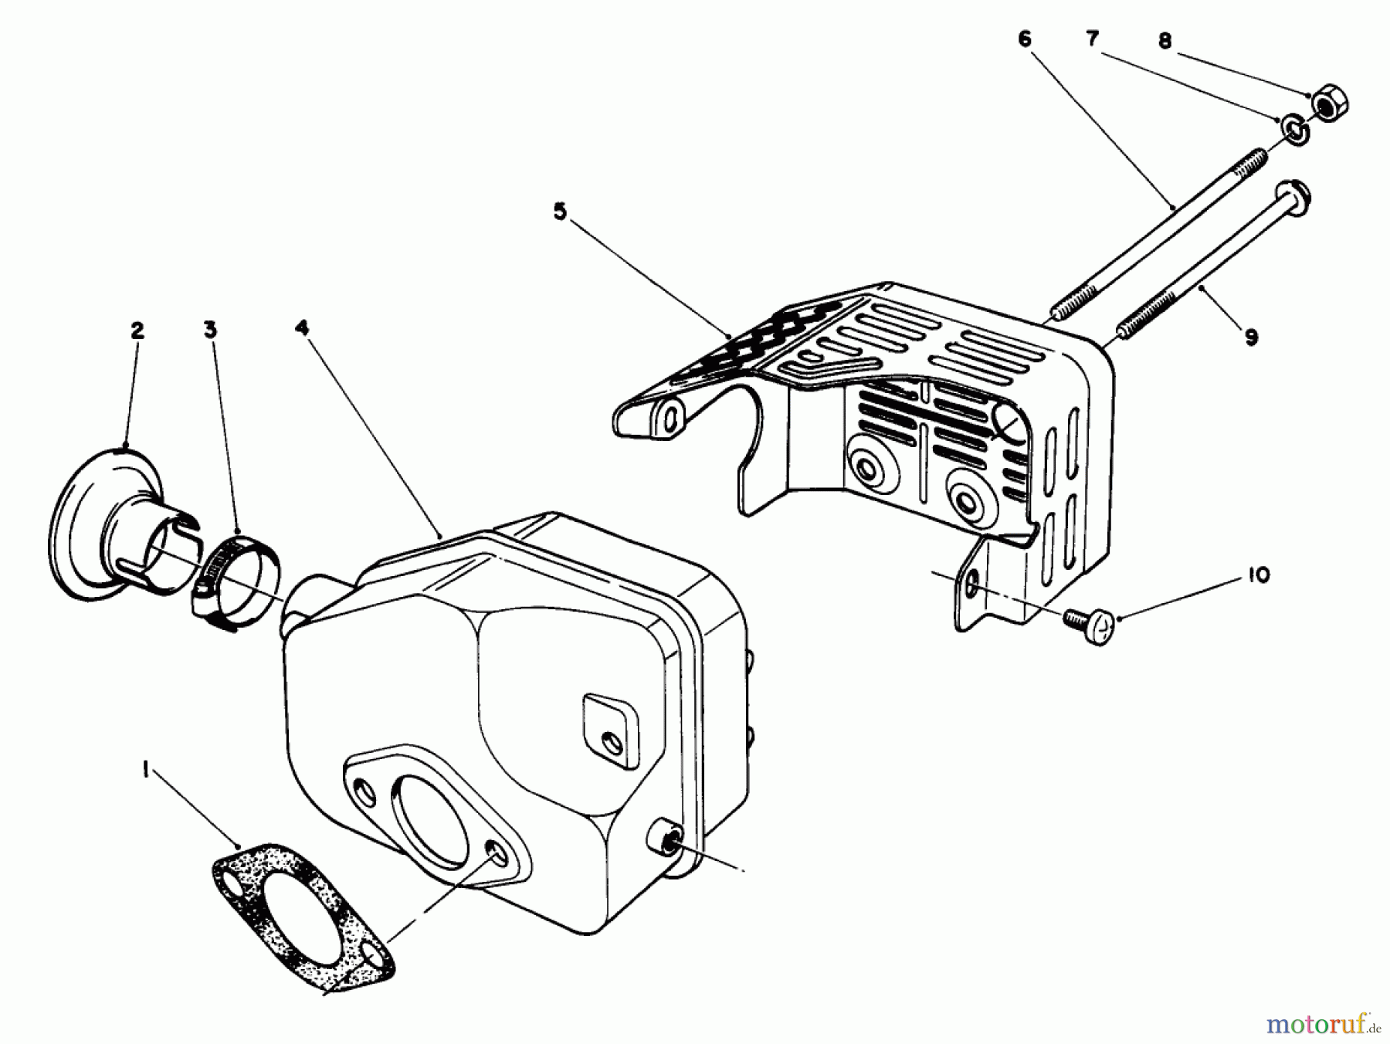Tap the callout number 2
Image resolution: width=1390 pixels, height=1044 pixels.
coord(137,331)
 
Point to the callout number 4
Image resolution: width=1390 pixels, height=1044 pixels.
coord(301,328)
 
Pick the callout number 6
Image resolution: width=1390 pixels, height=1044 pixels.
coord(1025,39)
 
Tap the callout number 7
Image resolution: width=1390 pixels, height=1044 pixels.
coord(1093,39)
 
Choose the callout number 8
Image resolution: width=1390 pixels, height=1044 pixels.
coord(1165,41)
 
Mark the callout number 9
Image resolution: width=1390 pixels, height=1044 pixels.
coord(1251,337)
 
